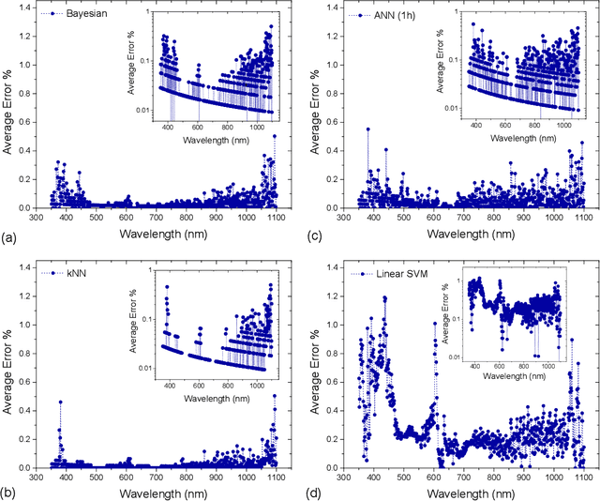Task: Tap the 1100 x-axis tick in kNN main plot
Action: tap(277, 477)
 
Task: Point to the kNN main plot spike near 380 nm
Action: tap(61, 402)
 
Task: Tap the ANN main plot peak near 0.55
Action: tap(367, 129)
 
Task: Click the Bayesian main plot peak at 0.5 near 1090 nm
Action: tap(275, 136)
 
